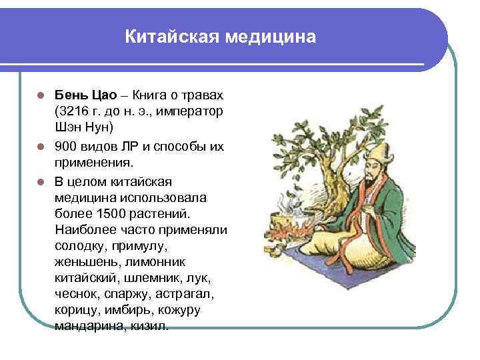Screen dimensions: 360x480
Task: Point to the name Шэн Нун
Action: click(x=85, y=127)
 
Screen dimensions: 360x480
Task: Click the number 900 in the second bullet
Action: click(x=67, y=147)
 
